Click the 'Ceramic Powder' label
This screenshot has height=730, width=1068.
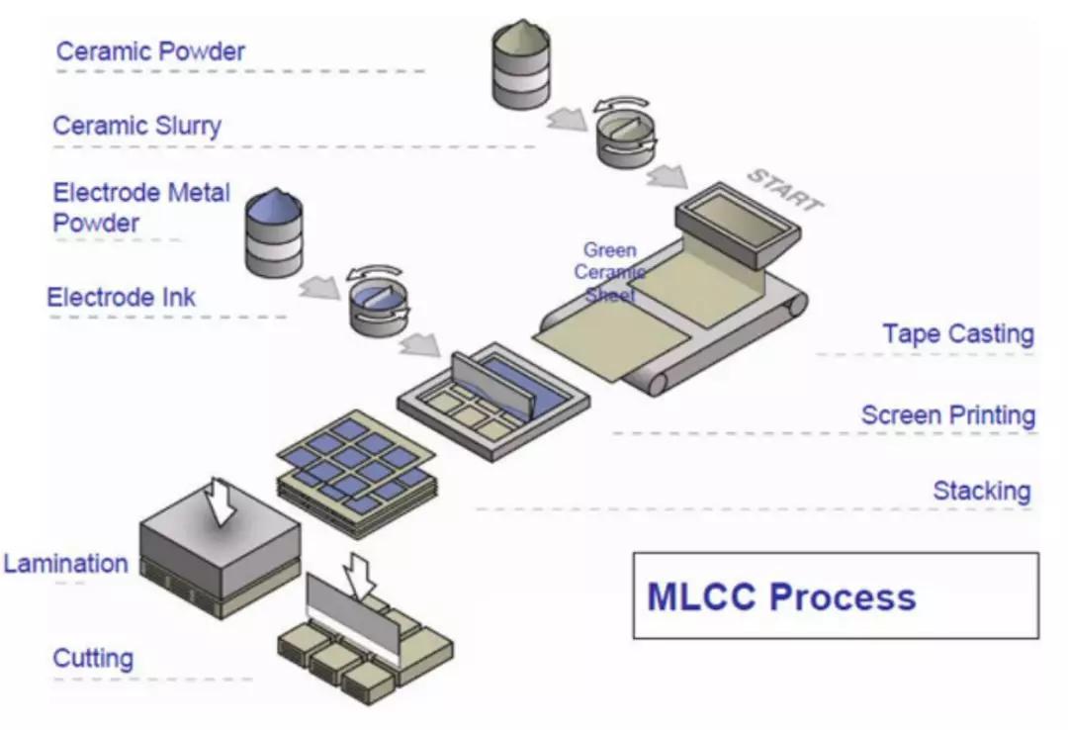coord(150,51)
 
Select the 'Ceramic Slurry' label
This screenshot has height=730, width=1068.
coord(136,126)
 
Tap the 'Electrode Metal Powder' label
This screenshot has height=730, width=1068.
coord(140,207)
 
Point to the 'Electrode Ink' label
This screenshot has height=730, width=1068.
coord(121,297)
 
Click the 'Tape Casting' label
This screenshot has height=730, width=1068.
coord(958,334)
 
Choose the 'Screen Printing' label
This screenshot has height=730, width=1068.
coord(947,414)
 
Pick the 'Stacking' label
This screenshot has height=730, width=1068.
coord(982,491)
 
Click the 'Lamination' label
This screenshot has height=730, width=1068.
coord(65,564)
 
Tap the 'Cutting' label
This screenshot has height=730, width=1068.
coord(93,658)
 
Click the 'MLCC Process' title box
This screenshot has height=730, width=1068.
coord(835,595)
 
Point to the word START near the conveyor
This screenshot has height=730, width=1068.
coord(783,190)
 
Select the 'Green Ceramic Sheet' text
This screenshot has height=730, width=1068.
coord(609,273)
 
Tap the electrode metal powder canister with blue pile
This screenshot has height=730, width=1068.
coord(273,232)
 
